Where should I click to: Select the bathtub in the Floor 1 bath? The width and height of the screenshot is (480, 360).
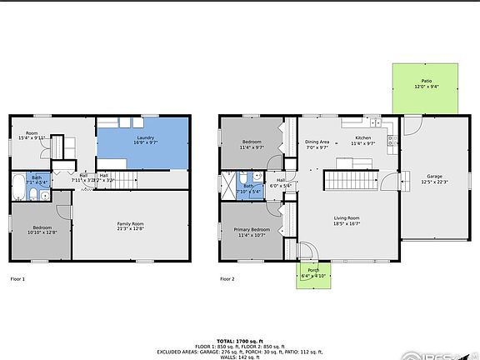pos(18,187)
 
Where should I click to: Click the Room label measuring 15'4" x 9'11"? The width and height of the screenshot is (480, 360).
pos(32,135)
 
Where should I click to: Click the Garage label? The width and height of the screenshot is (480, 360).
pos(434,178)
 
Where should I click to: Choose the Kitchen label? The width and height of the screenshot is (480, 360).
pos(363,139)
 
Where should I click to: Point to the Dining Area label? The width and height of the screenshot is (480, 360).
pos(317,144)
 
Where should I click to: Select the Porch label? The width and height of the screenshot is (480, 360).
pos(313,272)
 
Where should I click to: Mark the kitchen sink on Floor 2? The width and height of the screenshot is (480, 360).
pos(376,123)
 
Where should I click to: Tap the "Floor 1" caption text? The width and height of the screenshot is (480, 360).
pos(17,279)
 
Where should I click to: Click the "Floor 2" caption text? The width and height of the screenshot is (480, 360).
pos(227,279)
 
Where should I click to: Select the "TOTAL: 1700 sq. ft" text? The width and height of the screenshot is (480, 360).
pos(240,341)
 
